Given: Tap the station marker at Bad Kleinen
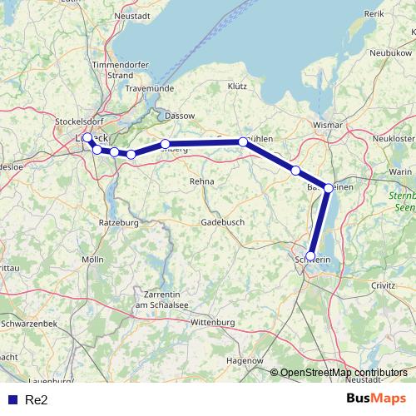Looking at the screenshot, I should [329, 188].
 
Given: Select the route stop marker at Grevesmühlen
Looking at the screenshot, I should [243, 142].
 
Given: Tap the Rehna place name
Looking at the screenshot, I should [202, 181].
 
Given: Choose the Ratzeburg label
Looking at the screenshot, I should [118, 223].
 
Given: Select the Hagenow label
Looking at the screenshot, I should [245, 361].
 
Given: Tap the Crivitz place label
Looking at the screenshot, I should [384, 285].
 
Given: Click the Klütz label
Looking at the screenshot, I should [237, 86].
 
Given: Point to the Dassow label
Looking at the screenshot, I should [181, 115].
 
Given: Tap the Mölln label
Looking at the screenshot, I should [93, 260].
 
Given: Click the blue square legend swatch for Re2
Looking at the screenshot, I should [12, 400].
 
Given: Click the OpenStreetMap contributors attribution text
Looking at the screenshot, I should [344, 373].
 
